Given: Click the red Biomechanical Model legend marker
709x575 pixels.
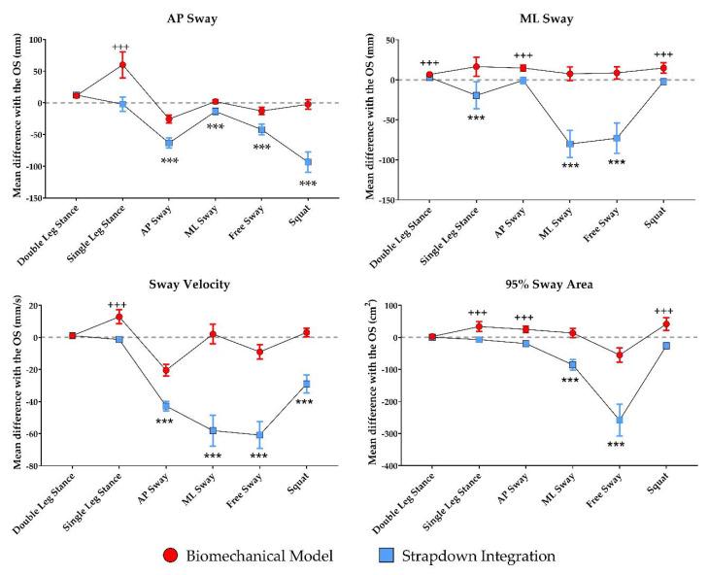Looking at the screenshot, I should [x=173, y=555].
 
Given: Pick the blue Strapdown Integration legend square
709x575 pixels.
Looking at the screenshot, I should [x=387, y=555].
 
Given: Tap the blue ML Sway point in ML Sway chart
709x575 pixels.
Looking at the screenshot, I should [x=570, y=144].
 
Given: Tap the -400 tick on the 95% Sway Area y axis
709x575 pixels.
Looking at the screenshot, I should [x=388, y=466].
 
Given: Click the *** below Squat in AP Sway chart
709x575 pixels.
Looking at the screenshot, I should [x=308, y=185].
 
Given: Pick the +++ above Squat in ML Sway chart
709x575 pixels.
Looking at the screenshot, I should [x=663, y=55].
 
